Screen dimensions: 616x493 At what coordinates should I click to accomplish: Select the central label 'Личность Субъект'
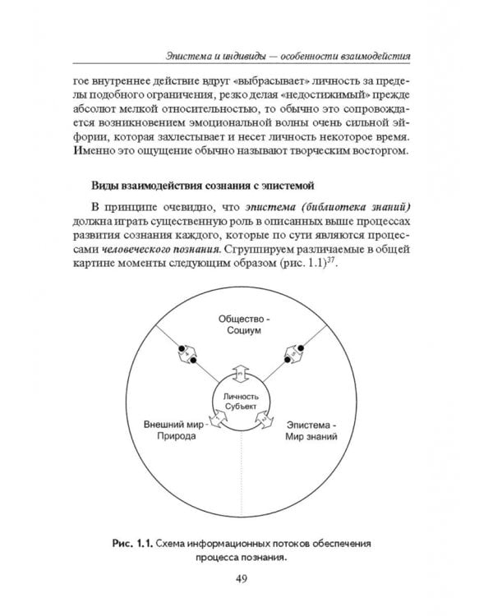pyautogui.click(x=241, y=402)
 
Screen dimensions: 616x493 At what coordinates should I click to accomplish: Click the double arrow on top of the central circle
pyautogui.click(x=241, y=371)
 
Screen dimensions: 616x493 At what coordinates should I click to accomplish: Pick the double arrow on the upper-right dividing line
pyautogui.click(x=294, y=356)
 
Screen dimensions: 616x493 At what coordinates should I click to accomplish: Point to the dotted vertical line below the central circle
pyautogui.click(x=241, y=476)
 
